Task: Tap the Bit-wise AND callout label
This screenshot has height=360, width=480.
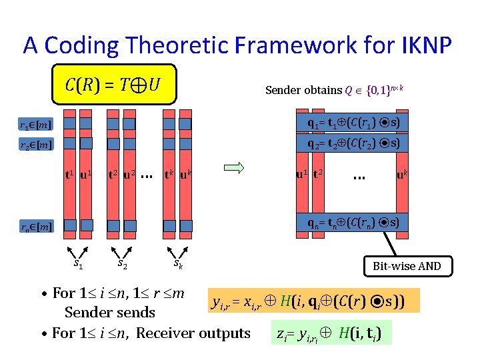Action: [407, 267]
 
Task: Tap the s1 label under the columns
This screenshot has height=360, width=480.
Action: [79, 265]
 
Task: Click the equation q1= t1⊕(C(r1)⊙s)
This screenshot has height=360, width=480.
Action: [353, 124]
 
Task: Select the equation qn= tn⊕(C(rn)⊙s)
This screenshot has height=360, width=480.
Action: [353, 223]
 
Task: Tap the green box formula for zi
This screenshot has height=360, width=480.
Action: [333, 332]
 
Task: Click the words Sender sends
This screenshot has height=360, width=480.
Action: [109, 312]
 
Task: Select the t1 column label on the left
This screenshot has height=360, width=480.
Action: [69, 176]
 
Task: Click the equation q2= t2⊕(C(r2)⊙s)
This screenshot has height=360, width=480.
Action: [353, 143]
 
